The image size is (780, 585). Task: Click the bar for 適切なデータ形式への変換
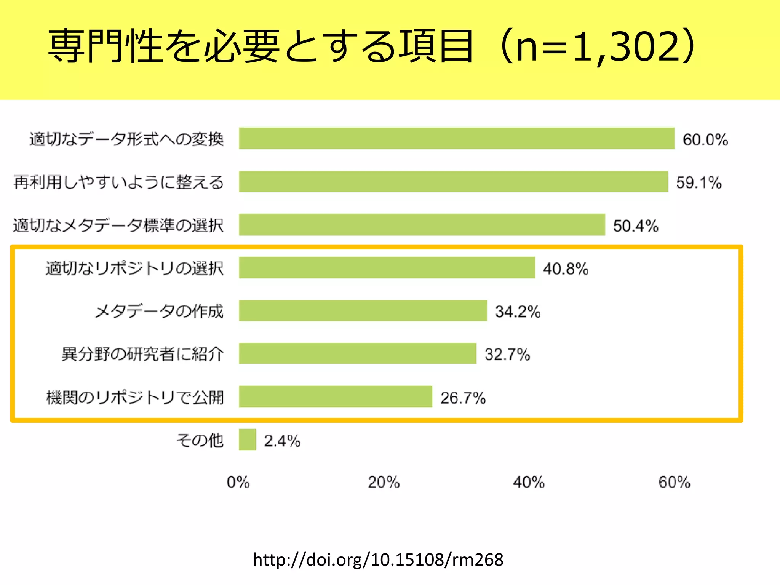[456, 138]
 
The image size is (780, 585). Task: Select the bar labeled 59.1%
[453, 182]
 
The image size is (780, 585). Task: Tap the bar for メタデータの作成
[363, 311]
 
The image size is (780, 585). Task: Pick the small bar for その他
[247, 440]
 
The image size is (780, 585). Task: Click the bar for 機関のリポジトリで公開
[336, 397]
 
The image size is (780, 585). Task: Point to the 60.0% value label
[705, 139]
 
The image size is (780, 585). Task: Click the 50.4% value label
[635, 225]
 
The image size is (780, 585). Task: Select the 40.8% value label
[566, 269]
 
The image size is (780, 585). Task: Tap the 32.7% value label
[507, 355]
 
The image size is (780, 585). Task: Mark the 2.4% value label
[282, 441]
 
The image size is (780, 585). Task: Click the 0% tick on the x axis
[238, 482]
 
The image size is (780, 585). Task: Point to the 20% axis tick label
[383, 482]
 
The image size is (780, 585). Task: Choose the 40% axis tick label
[529, 482]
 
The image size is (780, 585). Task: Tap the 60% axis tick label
[674, 482]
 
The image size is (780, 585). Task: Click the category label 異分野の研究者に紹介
[142, 354]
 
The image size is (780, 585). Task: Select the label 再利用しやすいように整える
[118, 182]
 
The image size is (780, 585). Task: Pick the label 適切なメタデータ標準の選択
[118, 225]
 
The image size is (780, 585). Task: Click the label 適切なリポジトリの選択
[134, 268]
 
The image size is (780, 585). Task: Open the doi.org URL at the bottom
[378, 559]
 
